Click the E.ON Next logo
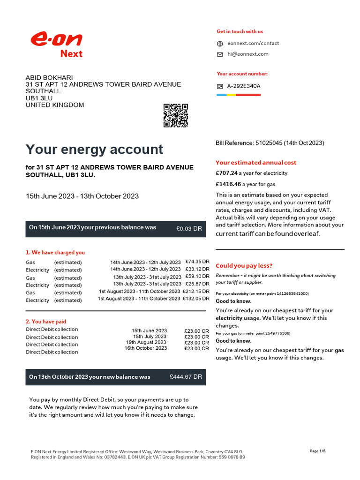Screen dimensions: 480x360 tap(57, 44)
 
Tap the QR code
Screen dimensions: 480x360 tap(176, 115)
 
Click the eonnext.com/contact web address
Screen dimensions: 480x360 tap(253, 43)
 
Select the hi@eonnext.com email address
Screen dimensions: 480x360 tap(247, 54)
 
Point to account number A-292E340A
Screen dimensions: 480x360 tap(243, 86)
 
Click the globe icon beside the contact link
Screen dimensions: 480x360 tap(220, 44)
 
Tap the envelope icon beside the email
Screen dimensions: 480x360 tap(220, 54)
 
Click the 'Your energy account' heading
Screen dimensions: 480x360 tap(94, 150)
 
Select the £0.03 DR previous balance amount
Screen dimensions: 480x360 tap(189, 228)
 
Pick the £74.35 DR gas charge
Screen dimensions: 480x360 tap(197, 262)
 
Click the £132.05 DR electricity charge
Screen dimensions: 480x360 tap(196, 299)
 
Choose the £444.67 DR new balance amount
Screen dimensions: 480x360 tap(186, 376)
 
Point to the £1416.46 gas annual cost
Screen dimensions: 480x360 tap(228, 184)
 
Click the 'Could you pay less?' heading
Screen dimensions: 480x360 tap(244, 266)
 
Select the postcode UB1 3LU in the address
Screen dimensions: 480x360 tap(39, 98)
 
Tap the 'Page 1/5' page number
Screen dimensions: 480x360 tap(317, 451)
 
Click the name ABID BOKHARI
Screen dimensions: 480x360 tap(49, 77)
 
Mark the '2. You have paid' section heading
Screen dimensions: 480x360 tap(45, 322)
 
